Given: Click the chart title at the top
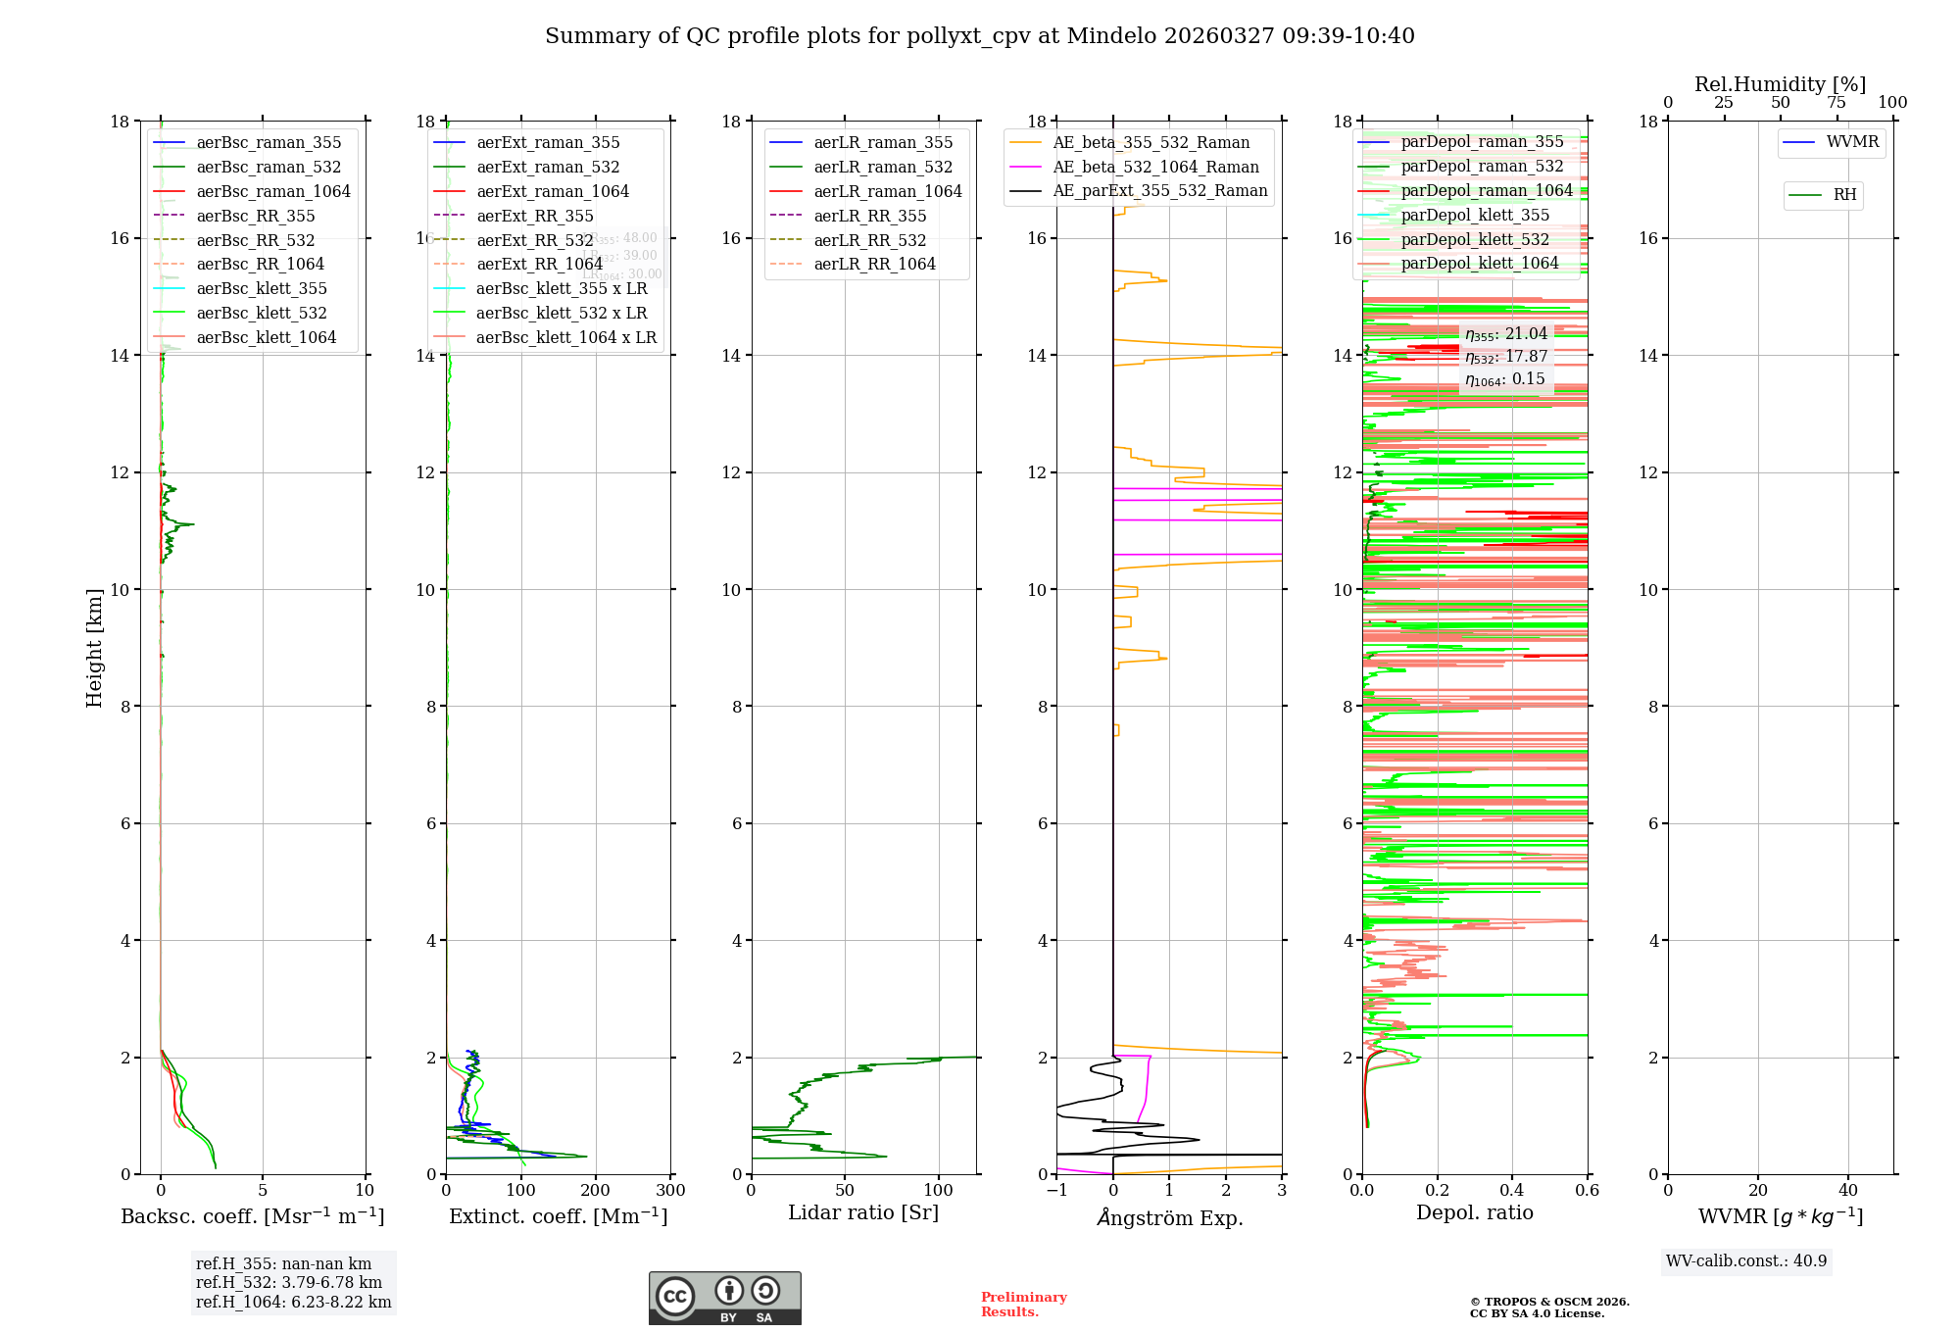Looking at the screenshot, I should pos(979,36).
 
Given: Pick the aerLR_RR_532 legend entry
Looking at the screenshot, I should pos(869,240).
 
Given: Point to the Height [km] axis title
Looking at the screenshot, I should pos(94,648).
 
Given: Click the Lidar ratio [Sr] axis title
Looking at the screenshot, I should pos(863,1212).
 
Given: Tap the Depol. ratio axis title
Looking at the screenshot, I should pos(1474,1212).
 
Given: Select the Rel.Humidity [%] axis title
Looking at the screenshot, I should pos(1780,84).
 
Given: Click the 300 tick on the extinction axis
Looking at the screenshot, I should pos(671,1191).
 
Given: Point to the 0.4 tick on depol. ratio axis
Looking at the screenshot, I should pos(1512,1191).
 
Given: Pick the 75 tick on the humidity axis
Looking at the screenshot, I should pos(1837,103).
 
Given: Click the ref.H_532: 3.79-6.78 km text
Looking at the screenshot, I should pos(289,1283).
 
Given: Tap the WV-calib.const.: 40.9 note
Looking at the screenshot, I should pos(1746,1261).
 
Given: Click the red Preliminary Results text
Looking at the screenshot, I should pos(1023,1305).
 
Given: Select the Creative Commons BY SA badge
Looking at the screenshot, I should pos(724,1298).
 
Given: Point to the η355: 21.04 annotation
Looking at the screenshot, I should pos(1506,334).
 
